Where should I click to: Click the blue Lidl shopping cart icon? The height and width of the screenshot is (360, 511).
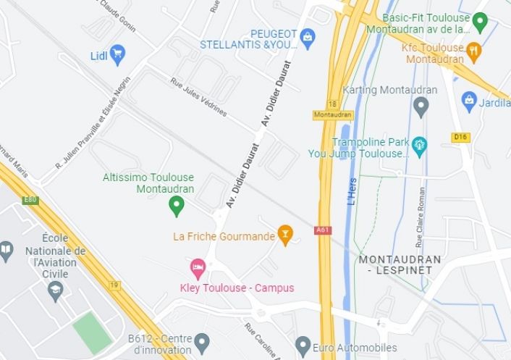click(x=117, y=53)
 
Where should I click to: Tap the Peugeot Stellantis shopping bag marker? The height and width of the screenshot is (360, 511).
click(x=307, y=36)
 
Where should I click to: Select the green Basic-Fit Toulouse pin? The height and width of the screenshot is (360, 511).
click(x=480, y=22)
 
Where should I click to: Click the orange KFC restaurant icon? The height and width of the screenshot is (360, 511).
click(x=474, y=50)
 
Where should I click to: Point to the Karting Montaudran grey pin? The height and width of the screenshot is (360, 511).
click(x=421, y=106)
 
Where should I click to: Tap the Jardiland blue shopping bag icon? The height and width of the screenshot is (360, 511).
click(x=469, y=99)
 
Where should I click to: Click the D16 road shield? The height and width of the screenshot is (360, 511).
click(x=460, y=137)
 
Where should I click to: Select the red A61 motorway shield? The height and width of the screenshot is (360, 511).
click(x=323, y=230)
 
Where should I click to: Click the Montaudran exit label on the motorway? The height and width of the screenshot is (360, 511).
click(x=333, y=114)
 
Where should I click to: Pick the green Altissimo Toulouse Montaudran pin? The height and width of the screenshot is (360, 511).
click(x=176, y=206)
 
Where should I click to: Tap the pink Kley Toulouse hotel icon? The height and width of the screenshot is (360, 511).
click(x=197, y=270)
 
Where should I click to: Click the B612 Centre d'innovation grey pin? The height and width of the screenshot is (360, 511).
click(x=202, y=340)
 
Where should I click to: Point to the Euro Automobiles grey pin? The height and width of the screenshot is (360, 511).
click(x=303, y=346)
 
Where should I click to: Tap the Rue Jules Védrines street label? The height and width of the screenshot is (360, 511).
click(x=198, y=97)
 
